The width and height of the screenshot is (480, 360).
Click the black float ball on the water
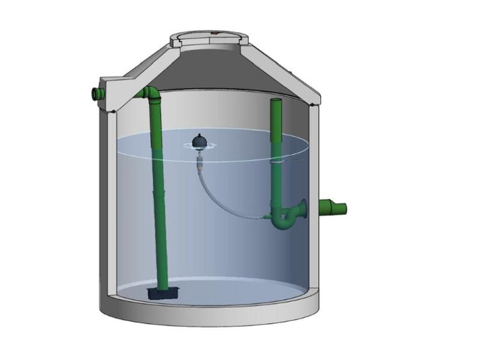(x=200, y=141)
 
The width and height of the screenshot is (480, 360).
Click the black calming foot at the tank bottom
(x=162, y=293)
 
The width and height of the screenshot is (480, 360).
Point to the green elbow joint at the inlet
(x=150, y=93)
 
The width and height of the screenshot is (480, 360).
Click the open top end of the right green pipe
(x=276, y=101)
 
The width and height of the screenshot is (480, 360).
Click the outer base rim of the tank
(x=206, y=319)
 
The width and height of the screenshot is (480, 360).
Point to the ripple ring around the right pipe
(x=277, y=162)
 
